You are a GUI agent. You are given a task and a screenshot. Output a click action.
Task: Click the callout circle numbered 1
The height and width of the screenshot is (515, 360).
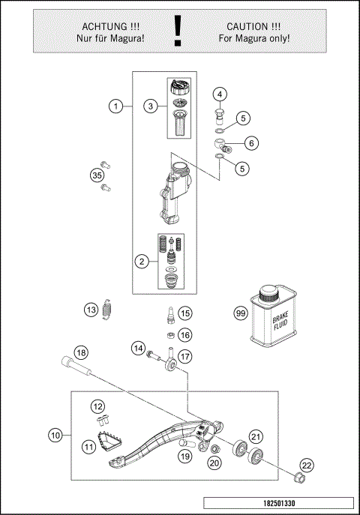pyautogui.click(x=115, y=106)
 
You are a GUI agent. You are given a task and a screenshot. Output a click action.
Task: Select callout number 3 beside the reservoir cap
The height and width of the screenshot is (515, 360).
pyautogui.click(x=151, y=106)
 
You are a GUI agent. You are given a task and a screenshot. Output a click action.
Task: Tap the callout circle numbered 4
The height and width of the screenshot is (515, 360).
pyautogui.click(x=219, y=94)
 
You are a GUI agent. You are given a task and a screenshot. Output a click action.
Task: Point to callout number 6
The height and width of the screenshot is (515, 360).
pyautogui.click(x=250, y=142)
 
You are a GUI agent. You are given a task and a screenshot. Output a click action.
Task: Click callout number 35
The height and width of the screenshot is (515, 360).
pyautogui.click(x=96, y=175)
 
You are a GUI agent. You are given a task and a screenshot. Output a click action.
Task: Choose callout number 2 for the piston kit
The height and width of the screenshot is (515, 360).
pyautogui.click(x=140, y=262)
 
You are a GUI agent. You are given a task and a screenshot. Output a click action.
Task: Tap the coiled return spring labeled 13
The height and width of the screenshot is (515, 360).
pyautogui.click(x=109, y=309)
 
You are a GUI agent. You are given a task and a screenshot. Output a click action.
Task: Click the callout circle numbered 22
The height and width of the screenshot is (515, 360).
pyautogui.click(x=306, y=466)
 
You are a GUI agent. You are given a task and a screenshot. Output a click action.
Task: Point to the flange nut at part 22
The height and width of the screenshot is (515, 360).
pyautogui.click(x=299, y=478)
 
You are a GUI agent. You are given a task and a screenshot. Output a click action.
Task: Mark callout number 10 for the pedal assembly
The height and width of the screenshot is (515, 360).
pyautogui.click(x=55, y=434)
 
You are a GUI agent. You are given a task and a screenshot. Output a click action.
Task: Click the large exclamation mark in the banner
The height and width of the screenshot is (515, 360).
pyautogui.click(x=178, y=31)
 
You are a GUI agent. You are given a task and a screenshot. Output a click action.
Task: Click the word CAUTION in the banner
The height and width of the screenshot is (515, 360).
pyautogui.click(x=253, y=24)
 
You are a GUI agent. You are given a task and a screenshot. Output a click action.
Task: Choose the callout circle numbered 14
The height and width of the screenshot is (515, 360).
pyautogui.click(x=138, y=348)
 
